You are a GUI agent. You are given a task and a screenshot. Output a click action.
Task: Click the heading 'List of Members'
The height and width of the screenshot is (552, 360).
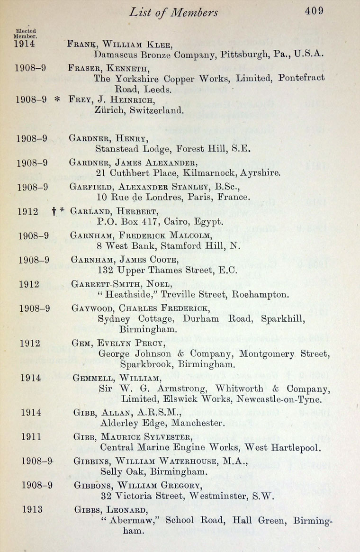[173, 13]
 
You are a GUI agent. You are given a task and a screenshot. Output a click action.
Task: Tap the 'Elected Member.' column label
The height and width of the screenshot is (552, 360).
[26, 33]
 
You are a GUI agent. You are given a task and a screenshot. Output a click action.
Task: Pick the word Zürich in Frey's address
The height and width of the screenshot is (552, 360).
[109, 111]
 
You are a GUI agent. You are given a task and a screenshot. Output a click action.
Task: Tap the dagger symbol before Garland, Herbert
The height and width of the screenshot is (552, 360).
[54, 212]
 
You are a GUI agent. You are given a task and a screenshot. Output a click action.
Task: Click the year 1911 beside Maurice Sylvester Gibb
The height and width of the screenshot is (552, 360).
[31, 436]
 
